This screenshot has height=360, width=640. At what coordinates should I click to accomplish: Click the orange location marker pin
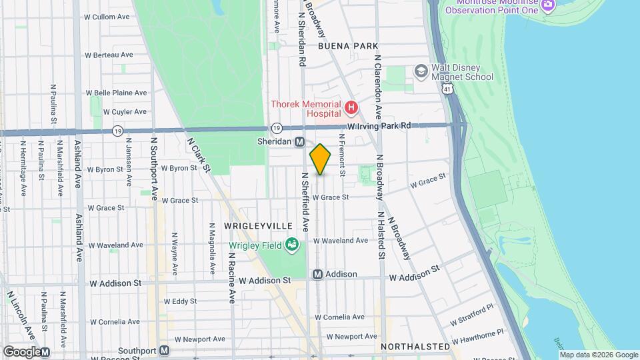[x=321, y=159]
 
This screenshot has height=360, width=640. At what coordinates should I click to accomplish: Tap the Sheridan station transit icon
[x=300, y=142]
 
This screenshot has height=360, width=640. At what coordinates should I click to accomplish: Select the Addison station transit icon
[x=318, y=274]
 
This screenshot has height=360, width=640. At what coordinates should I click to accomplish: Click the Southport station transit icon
[x=164, y=350]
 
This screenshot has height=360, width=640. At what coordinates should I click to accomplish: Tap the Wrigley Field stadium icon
[x=291, y=245]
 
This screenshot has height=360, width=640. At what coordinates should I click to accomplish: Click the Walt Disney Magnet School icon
[x=421, y=71]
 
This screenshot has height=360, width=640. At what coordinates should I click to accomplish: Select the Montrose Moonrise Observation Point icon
[x=548, y=5]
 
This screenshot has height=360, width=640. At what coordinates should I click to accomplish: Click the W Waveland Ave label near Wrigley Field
[x=341, y=240]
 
